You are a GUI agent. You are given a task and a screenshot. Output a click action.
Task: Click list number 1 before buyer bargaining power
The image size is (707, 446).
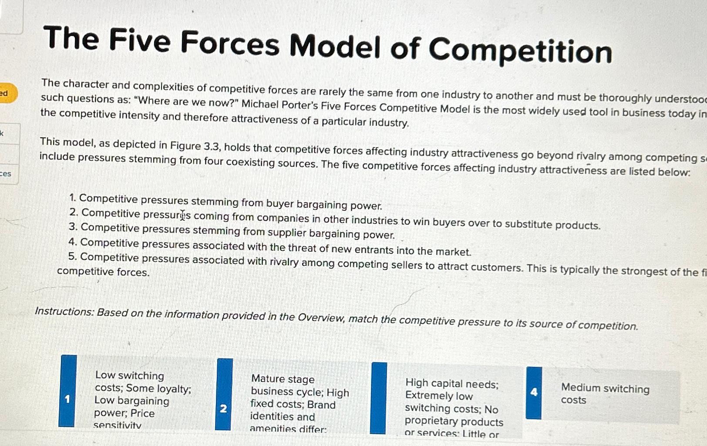point(72,198)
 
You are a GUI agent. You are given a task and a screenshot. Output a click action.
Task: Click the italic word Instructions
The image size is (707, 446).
point(64,311)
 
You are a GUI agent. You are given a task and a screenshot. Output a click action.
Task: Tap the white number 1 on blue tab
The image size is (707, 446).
point(67,399)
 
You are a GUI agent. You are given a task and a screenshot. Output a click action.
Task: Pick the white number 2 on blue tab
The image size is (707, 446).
point(223,409)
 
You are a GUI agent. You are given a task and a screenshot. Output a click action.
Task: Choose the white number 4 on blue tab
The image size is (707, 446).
point(534,392)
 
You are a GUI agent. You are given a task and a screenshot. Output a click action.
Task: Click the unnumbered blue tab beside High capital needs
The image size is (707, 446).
point(378,398)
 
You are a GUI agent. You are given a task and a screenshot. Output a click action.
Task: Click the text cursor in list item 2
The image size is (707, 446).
point(183,215)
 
